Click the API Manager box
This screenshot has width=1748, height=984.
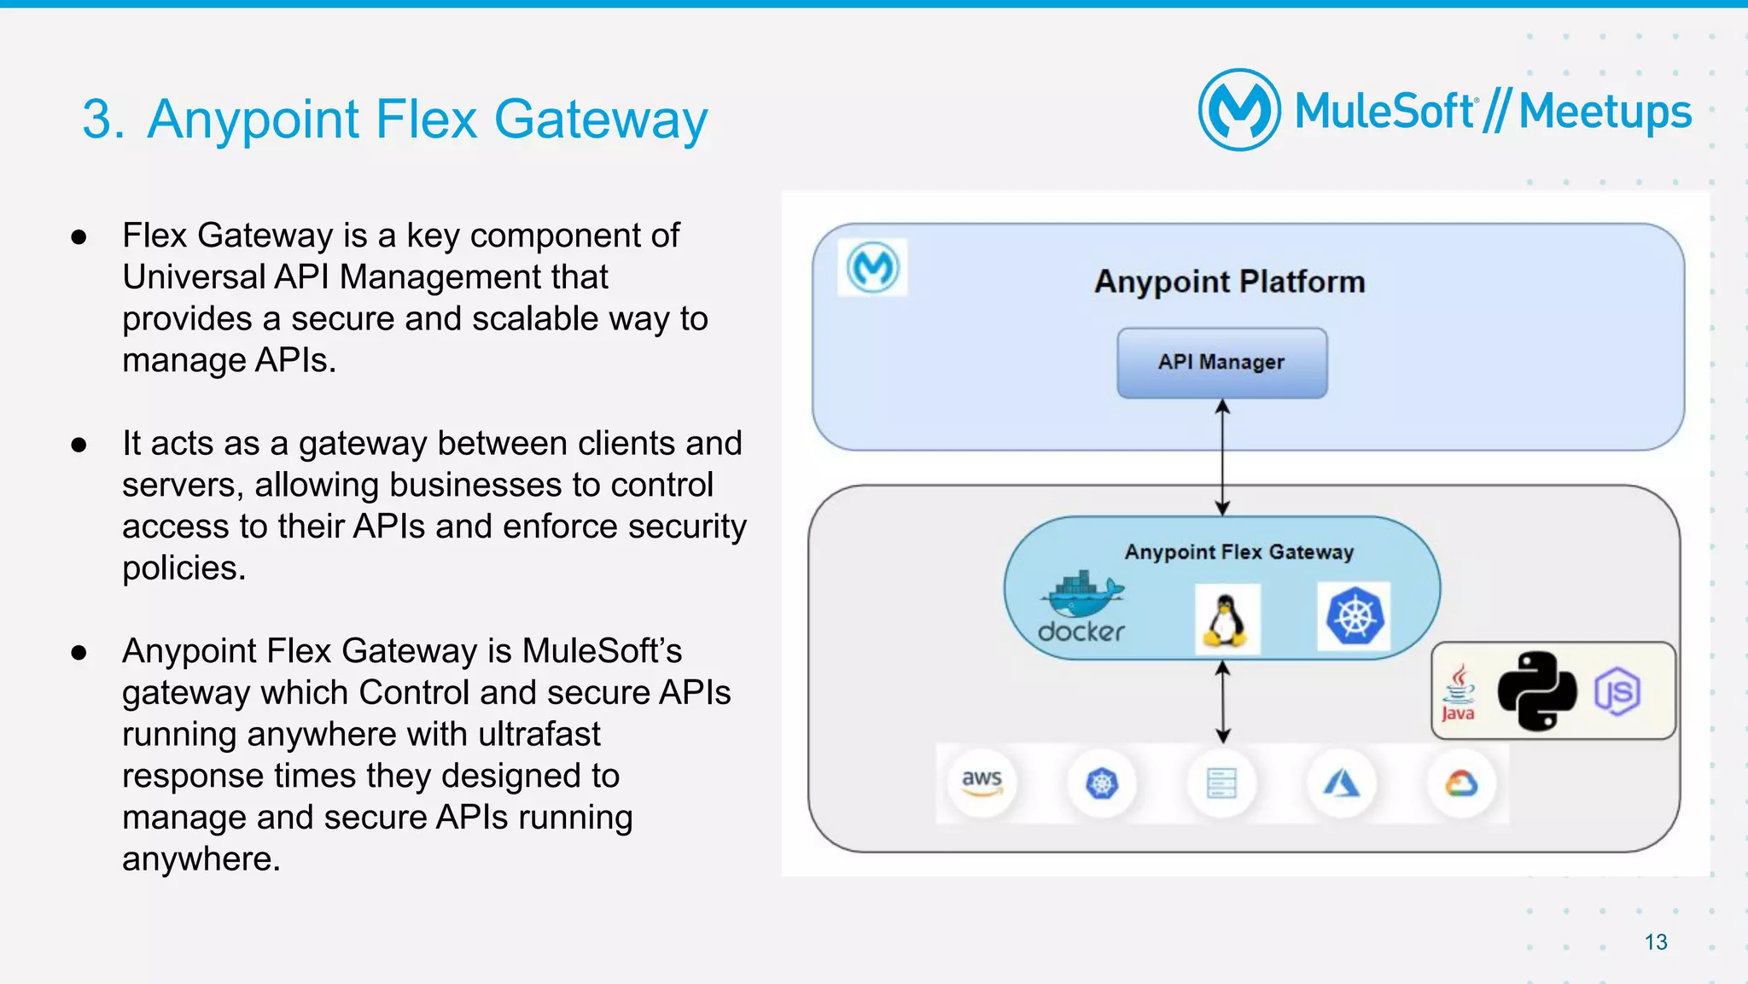tap(1221, 363)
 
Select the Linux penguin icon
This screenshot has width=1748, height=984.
tap(1227, 620)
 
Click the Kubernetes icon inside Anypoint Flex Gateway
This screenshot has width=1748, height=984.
tap(1354, 617)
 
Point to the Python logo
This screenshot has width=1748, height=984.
tap(1537, 691)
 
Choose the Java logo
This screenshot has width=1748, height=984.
tap(1459, 692)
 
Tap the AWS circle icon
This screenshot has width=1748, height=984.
tap(982, 783)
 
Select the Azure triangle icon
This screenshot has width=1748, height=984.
tap(1342, 783)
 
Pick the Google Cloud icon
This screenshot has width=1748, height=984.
tap(1461, 783)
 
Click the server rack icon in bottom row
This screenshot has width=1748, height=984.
tap(1221, 783)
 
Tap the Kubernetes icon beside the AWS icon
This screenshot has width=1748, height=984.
tap(1102, 783)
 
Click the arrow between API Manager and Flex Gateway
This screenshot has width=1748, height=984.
tap(1222, 457)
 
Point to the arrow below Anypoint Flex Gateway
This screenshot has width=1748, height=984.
tap(1223, 702)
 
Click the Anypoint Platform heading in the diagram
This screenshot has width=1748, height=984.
tap(1230, 282)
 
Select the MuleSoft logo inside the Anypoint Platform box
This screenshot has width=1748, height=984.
tap(872, 268)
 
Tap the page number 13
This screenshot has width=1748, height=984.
tap(1656, 942)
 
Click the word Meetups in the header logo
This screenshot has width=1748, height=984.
tap(1605, 113)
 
